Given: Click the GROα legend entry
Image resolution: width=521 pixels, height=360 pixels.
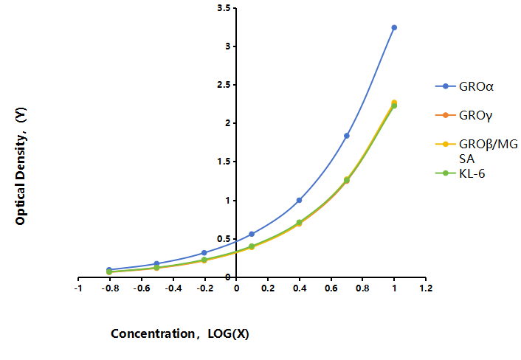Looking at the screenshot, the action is click(464, 86).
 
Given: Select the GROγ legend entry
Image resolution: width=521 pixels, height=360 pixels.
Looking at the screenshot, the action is click(464, 115).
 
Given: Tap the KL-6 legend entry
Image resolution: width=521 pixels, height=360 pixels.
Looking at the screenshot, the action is click(460, 173).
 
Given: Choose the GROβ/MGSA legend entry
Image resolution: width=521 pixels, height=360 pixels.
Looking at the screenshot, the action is click(477, 151).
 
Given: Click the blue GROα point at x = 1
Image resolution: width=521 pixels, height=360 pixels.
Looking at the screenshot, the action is click(394, 27).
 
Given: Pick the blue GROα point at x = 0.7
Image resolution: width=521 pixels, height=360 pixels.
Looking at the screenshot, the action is click(347, 136).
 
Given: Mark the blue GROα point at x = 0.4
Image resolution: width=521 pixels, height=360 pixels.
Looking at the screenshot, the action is click(299, 200).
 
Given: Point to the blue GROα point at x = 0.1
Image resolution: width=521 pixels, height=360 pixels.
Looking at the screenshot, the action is click(252, 234).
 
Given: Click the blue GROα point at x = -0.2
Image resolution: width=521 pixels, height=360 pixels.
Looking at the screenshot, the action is click(204, 253).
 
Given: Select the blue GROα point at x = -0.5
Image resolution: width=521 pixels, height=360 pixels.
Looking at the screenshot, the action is click(156, 263).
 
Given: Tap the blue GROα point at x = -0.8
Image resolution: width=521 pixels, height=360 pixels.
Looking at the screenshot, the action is click(109, 270).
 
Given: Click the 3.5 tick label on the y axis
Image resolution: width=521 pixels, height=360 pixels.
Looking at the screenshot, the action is click(224, 8).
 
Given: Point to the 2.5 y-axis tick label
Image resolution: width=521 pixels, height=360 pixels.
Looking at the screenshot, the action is click(224, 85).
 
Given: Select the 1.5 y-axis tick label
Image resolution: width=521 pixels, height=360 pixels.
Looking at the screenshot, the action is click(224, 162).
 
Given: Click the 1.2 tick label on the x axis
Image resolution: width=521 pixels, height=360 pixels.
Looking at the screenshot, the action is click(426, 288).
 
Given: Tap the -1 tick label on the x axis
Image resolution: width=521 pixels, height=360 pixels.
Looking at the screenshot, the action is click(78, 288).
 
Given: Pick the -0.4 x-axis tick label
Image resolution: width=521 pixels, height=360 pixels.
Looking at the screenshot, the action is click(173, 288).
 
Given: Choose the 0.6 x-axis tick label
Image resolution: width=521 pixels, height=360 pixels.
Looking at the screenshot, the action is click(331, 288).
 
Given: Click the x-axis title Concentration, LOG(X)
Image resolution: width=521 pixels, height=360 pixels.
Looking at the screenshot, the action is click(180, 333).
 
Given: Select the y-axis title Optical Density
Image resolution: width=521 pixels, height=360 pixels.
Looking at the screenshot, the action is click(21, 166).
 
